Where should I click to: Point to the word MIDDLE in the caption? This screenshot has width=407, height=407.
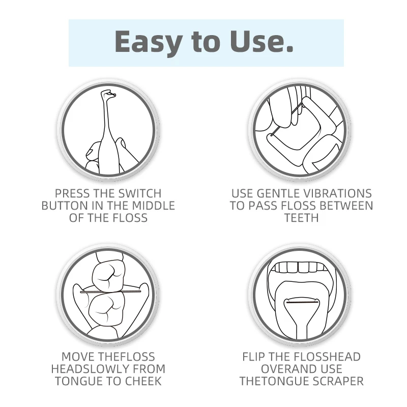pyautogui.click(x=154, y=206)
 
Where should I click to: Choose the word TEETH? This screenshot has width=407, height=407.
pyautogui.click(x=301, y=218)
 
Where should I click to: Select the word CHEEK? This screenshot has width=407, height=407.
pyautogui.click(x=143, y=381)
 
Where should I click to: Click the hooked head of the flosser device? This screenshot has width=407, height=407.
pyautogui.click(x=108, y=94)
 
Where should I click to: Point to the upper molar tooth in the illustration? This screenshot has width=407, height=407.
pyautogui.click(x=109, y=275)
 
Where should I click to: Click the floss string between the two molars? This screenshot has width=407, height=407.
pyautogui.click(x=110, y=292)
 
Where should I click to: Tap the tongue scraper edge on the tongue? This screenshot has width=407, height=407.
pyautogui.click(x=302, y=302)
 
